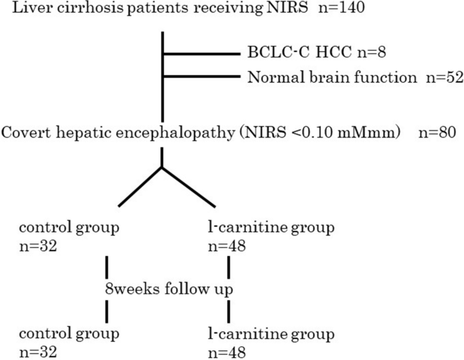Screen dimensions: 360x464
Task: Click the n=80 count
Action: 438,133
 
